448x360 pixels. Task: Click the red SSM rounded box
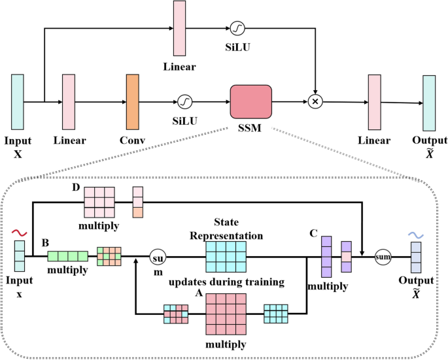(250, 101)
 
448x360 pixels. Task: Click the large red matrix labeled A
(226, 315)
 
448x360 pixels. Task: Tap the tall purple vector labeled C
(326, 256)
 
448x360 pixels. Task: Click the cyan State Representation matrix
(226, 255)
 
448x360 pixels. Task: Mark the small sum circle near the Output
(383, 257)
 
